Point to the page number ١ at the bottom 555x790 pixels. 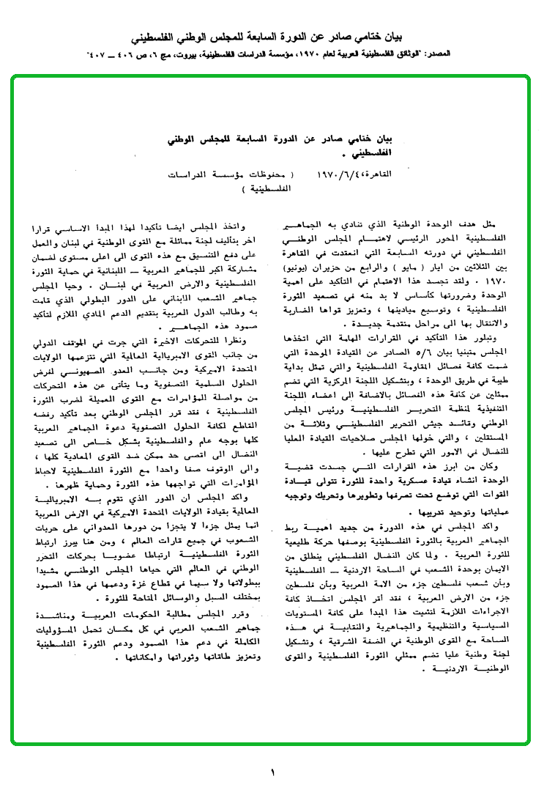click(272, 772)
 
